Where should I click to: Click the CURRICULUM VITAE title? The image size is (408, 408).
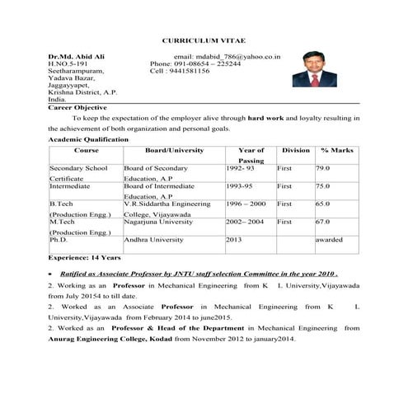click(203, 40)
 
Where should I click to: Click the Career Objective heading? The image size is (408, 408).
click(77, 108)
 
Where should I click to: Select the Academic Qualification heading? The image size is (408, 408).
click(88, 140)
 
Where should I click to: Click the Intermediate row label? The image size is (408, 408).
click(69, 187)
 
